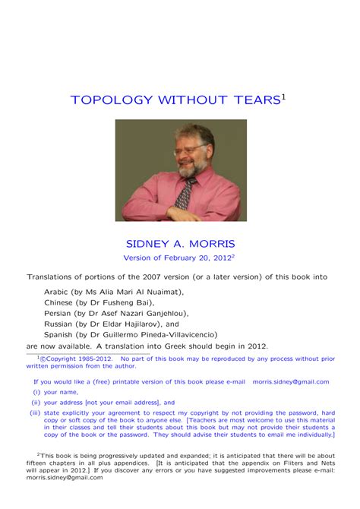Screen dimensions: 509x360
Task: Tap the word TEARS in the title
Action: coord(254,100)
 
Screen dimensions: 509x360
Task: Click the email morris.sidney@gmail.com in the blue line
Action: coord(291,382)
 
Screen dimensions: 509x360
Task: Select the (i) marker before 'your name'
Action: coord(36,393)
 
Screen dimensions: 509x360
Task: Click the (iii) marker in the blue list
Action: coord(34,413)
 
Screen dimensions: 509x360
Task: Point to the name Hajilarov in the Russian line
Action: coord(146,323)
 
